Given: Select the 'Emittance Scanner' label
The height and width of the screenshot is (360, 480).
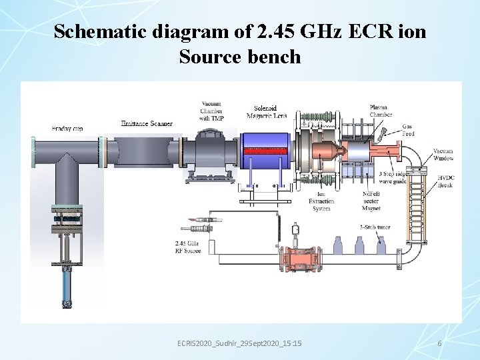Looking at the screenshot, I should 147,123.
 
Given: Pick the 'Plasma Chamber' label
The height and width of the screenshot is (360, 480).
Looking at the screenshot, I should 381,111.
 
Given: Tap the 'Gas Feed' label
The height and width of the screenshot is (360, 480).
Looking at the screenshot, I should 407,130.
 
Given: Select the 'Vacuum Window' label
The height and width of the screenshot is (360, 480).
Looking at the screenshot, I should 443,155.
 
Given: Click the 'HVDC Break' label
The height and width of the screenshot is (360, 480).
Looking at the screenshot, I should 445,181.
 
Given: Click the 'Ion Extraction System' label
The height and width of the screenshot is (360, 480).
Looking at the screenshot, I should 321,201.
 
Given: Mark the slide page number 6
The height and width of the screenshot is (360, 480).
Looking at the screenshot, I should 439,343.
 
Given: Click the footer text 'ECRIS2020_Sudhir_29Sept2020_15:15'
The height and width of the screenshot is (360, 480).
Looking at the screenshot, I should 239,343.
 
